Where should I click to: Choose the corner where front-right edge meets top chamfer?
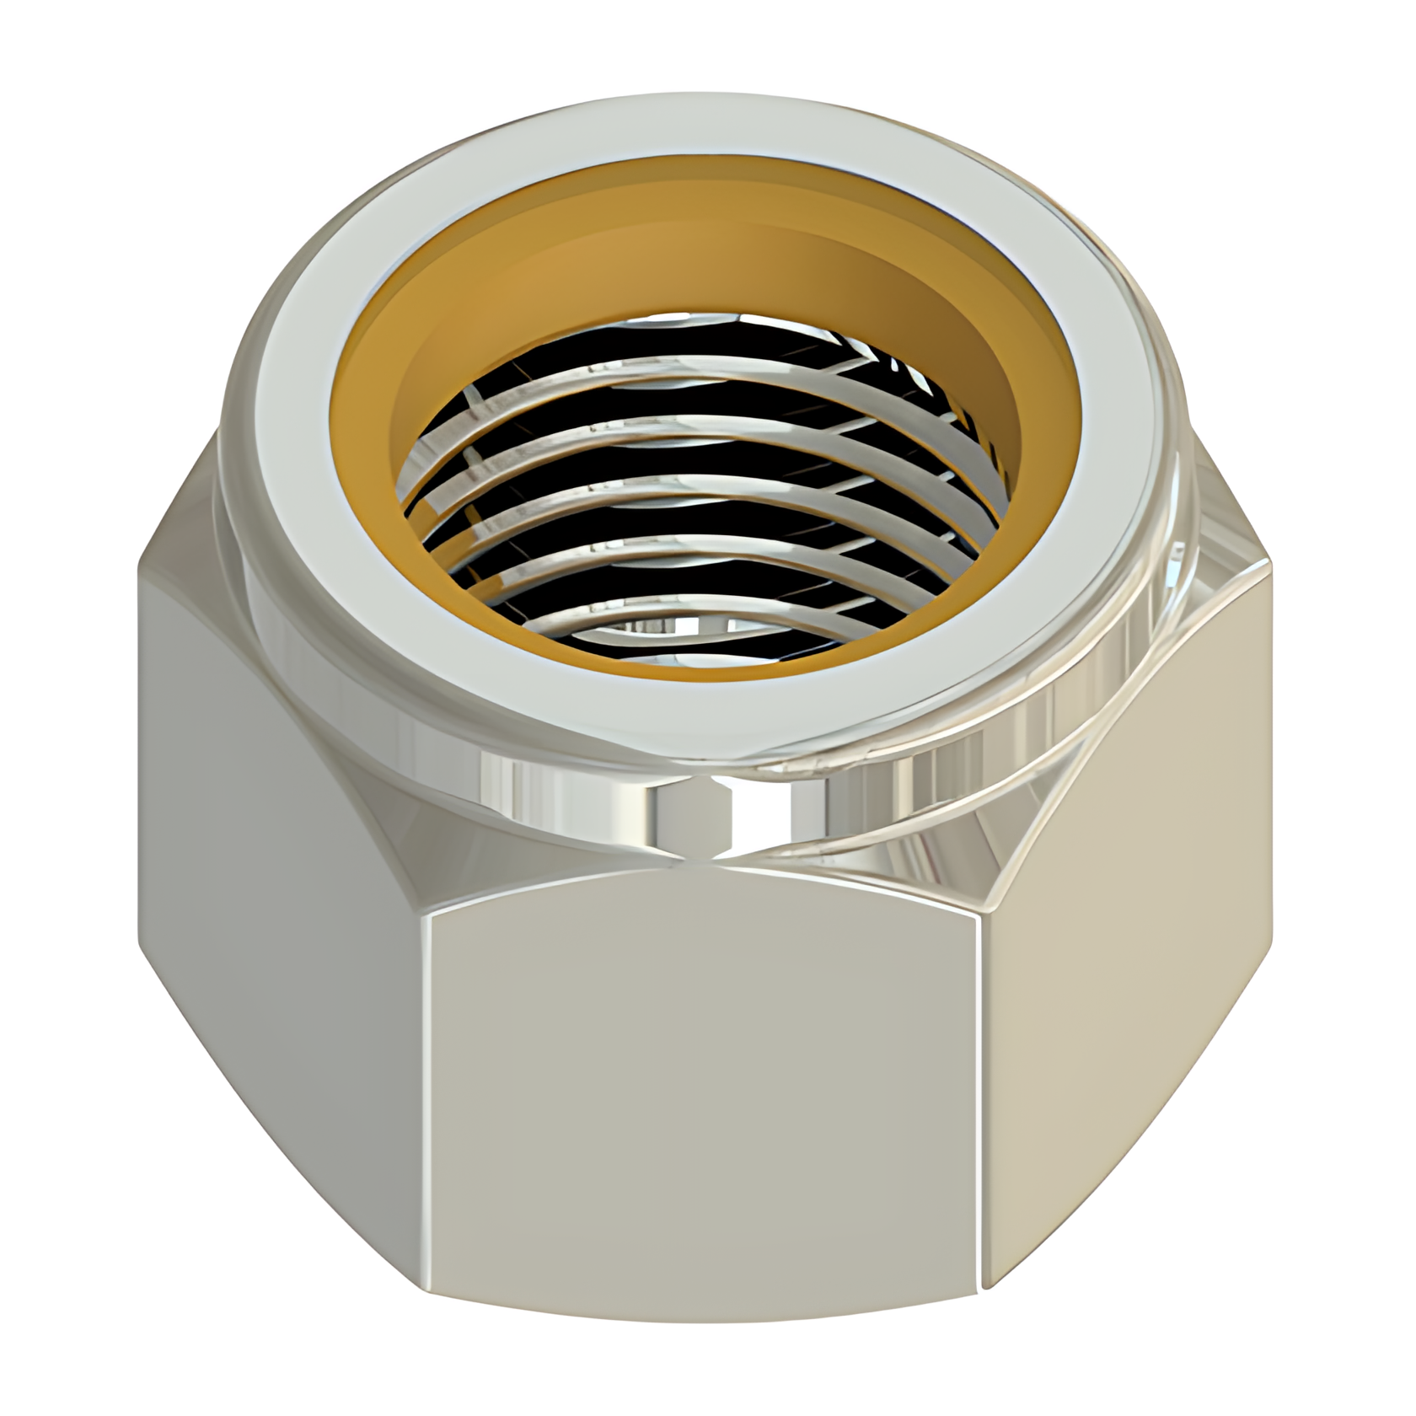(988, 914)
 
